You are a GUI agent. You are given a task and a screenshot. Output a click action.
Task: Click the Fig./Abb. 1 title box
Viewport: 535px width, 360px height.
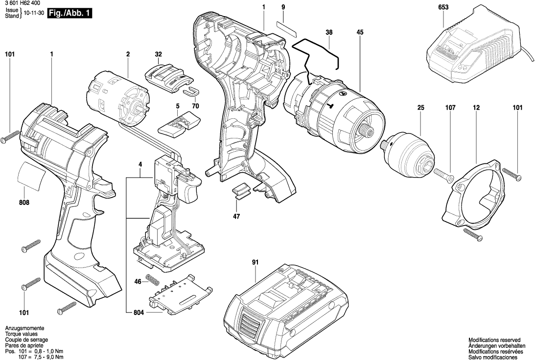click(x=70, y=13)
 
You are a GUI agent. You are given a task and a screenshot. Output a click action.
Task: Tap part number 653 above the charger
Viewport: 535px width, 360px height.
click(x=443, y=7)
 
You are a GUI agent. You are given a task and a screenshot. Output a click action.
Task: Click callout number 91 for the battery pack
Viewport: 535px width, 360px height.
click(x=255, y=263)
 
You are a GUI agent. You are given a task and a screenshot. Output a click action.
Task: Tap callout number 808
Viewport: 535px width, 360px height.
click(x=24, y=203)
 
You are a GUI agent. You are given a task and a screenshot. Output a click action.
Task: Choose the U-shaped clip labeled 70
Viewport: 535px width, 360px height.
click(x=190, y=91)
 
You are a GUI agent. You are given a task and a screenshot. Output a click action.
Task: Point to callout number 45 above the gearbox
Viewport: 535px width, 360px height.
click(x=360, y=32)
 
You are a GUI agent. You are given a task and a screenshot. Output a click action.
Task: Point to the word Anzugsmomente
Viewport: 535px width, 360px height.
click(x=24, y=328)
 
